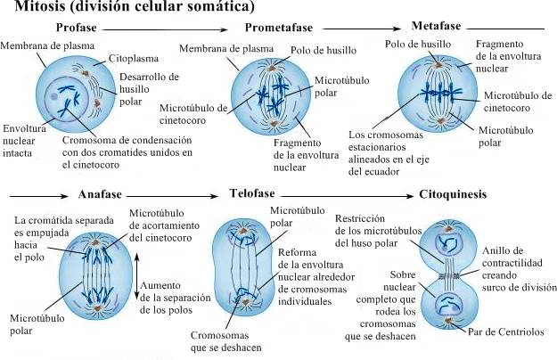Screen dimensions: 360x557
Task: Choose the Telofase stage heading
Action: pyautogui.click(x=248, y=193)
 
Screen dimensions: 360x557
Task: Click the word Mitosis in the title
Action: pyautogui.click(x=33, y=8)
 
